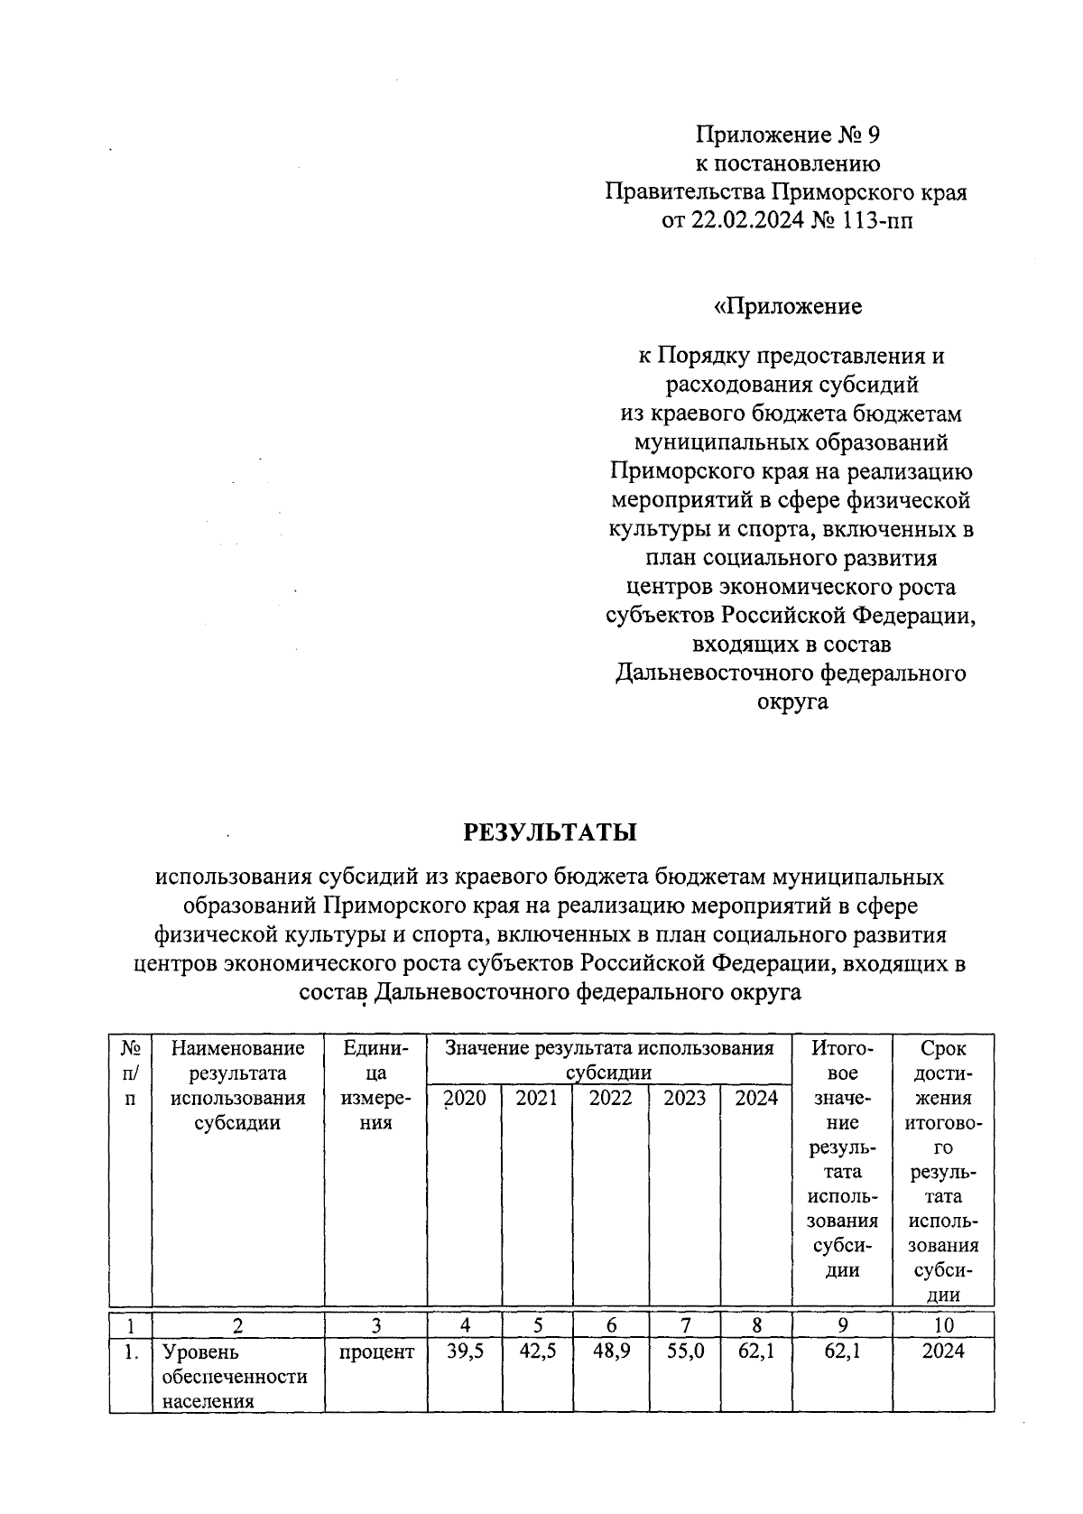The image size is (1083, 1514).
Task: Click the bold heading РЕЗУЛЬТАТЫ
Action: click(550, 831)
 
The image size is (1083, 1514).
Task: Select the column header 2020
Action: click(465, 1099)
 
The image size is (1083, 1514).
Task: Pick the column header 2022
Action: click(610, 1099)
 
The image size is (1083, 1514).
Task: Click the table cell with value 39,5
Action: click(465, 1351)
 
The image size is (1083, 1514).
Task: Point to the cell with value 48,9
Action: click(610, 1351)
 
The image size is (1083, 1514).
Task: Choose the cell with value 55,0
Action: click(684, 1351)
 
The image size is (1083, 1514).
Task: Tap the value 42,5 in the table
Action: click(537, 1351)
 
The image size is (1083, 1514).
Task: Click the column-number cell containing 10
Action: click(943, 1325)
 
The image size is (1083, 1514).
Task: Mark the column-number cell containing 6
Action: click(611, 1325)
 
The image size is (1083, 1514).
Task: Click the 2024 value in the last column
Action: click(943, 1351)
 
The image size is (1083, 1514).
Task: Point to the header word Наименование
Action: click(238, 1049)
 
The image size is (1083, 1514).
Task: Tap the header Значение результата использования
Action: click(610, 1049)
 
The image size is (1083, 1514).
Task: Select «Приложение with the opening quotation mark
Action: click(788, 307)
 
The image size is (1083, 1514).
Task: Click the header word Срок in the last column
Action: click(943, 1049)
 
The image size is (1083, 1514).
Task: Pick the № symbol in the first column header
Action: click(130, 1049)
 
